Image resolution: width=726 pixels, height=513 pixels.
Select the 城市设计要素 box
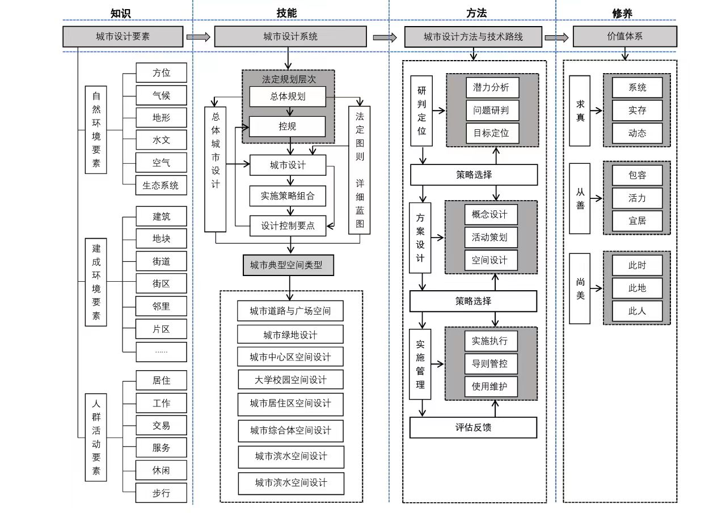pos(123,37)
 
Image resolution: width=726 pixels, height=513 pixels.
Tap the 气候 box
pos(161,95)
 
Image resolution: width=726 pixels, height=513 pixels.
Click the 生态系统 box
pos(161,185)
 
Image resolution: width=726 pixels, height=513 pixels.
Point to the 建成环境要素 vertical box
pos(96,281)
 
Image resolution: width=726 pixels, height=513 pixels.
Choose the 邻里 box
pos(161,306)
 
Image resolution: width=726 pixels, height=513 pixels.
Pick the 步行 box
pos(161,493)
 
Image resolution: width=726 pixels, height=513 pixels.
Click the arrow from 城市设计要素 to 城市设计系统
pos(198,37)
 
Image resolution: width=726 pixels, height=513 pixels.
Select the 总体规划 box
pos(288,96)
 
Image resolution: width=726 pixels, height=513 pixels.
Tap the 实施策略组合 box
pos(288,196)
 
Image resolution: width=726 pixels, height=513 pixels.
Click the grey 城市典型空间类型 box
pos(288,265)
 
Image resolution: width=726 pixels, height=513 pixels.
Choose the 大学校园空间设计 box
pos(290,379)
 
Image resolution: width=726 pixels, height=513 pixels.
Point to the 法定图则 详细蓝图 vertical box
pos(359,170)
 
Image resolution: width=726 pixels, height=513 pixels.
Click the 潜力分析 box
pos(491,87)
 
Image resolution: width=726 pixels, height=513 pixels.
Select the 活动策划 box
pos(491,238)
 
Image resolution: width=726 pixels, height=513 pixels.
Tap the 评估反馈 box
pos(473,427)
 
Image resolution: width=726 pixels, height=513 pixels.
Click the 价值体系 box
pos(624,37)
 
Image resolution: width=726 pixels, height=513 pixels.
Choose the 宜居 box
pos(637,221)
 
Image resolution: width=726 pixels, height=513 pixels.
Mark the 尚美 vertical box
pos(580,289)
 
